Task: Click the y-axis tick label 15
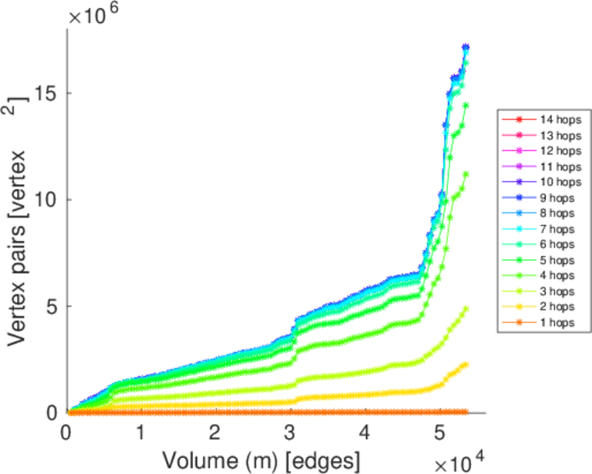tap(49, 93)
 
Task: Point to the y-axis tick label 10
tap(49, 200)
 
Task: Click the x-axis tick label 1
tap(141, 433)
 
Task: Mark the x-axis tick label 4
tap(364, 433)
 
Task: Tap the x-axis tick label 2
tap(215, 433)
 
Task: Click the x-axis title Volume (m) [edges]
tap(261, 459)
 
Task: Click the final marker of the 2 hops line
tap(466, 364)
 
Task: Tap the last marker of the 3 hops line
tap(466, 309)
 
